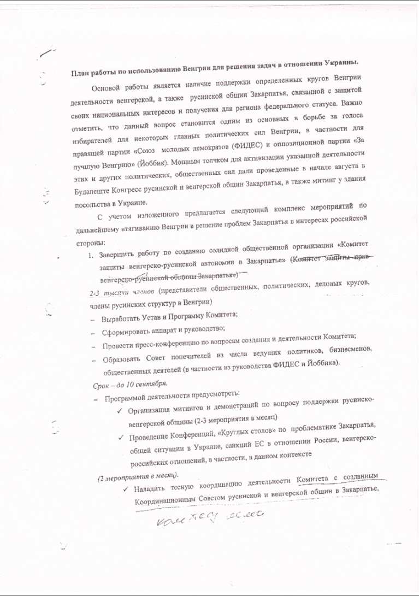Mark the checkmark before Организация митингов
pyautogui.click(x=120, y=410)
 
